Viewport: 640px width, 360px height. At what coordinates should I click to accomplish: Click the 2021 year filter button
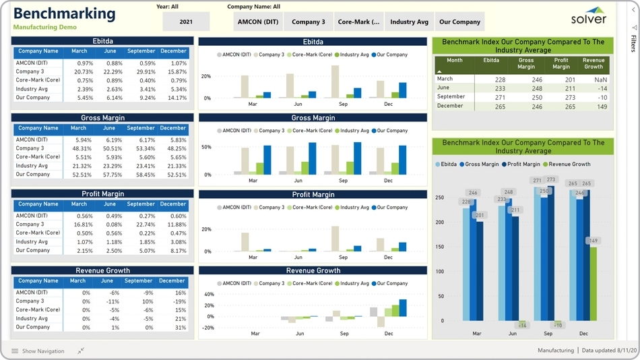click(x=186, y=22)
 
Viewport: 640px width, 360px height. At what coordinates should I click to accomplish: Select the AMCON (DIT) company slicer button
click(x=258, y=22)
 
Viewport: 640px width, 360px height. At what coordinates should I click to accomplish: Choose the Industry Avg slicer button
click(x=409, y=22)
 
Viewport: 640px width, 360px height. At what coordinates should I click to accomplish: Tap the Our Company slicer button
click(x=459, y=22)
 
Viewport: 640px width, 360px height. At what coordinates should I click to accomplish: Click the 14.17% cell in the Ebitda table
click(x=177, y=98)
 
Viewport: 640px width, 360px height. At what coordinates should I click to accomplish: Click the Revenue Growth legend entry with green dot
click(x=567, y=164)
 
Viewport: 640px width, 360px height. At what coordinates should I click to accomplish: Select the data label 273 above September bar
click(x=551, y=180)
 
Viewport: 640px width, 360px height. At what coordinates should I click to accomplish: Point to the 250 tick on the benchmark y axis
click(x=439, y=198)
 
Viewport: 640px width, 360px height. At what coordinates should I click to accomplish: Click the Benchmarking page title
click(x=64, y=13)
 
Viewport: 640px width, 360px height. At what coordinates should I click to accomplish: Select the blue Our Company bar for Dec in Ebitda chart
click(x=403, y=90)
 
